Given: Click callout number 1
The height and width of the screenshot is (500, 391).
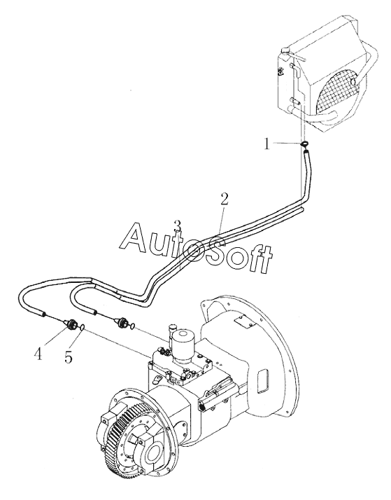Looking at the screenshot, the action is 266,144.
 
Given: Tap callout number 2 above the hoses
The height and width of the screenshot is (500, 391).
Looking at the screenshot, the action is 224,199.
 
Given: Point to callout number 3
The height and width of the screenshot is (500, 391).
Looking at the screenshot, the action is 178,226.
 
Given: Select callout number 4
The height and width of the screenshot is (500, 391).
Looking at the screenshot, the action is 39,354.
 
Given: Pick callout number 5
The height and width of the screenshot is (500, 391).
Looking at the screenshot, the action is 68,357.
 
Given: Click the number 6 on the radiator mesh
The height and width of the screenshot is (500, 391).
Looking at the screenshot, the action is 353,81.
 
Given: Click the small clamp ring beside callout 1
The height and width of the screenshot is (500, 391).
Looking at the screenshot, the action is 304,144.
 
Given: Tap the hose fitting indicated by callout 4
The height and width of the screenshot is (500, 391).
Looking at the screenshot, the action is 71,324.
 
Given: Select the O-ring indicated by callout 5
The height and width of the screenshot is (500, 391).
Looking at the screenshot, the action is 82,326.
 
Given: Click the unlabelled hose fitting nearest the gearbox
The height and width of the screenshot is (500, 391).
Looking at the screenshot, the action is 122,322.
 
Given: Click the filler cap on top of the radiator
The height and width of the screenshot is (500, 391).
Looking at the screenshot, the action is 285,50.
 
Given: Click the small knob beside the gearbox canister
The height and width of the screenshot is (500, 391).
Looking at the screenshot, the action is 173,327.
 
